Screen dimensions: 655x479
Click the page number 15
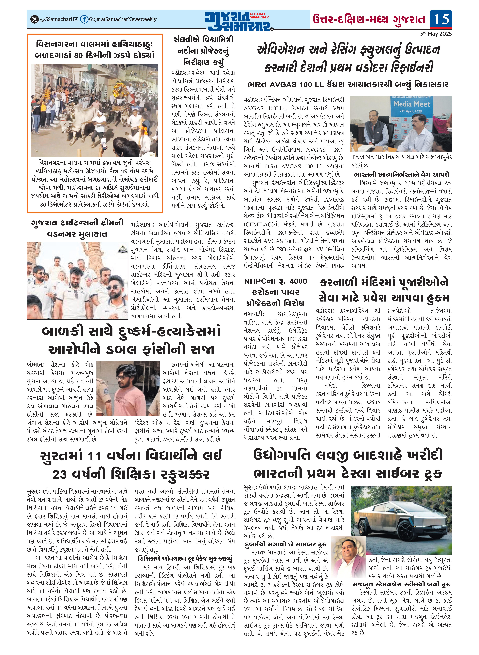[441, 19]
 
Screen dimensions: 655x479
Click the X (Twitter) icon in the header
[35, 19]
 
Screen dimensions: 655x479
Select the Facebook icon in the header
[84, 19]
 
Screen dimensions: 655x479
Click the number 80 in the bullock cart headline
[78, 55]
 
